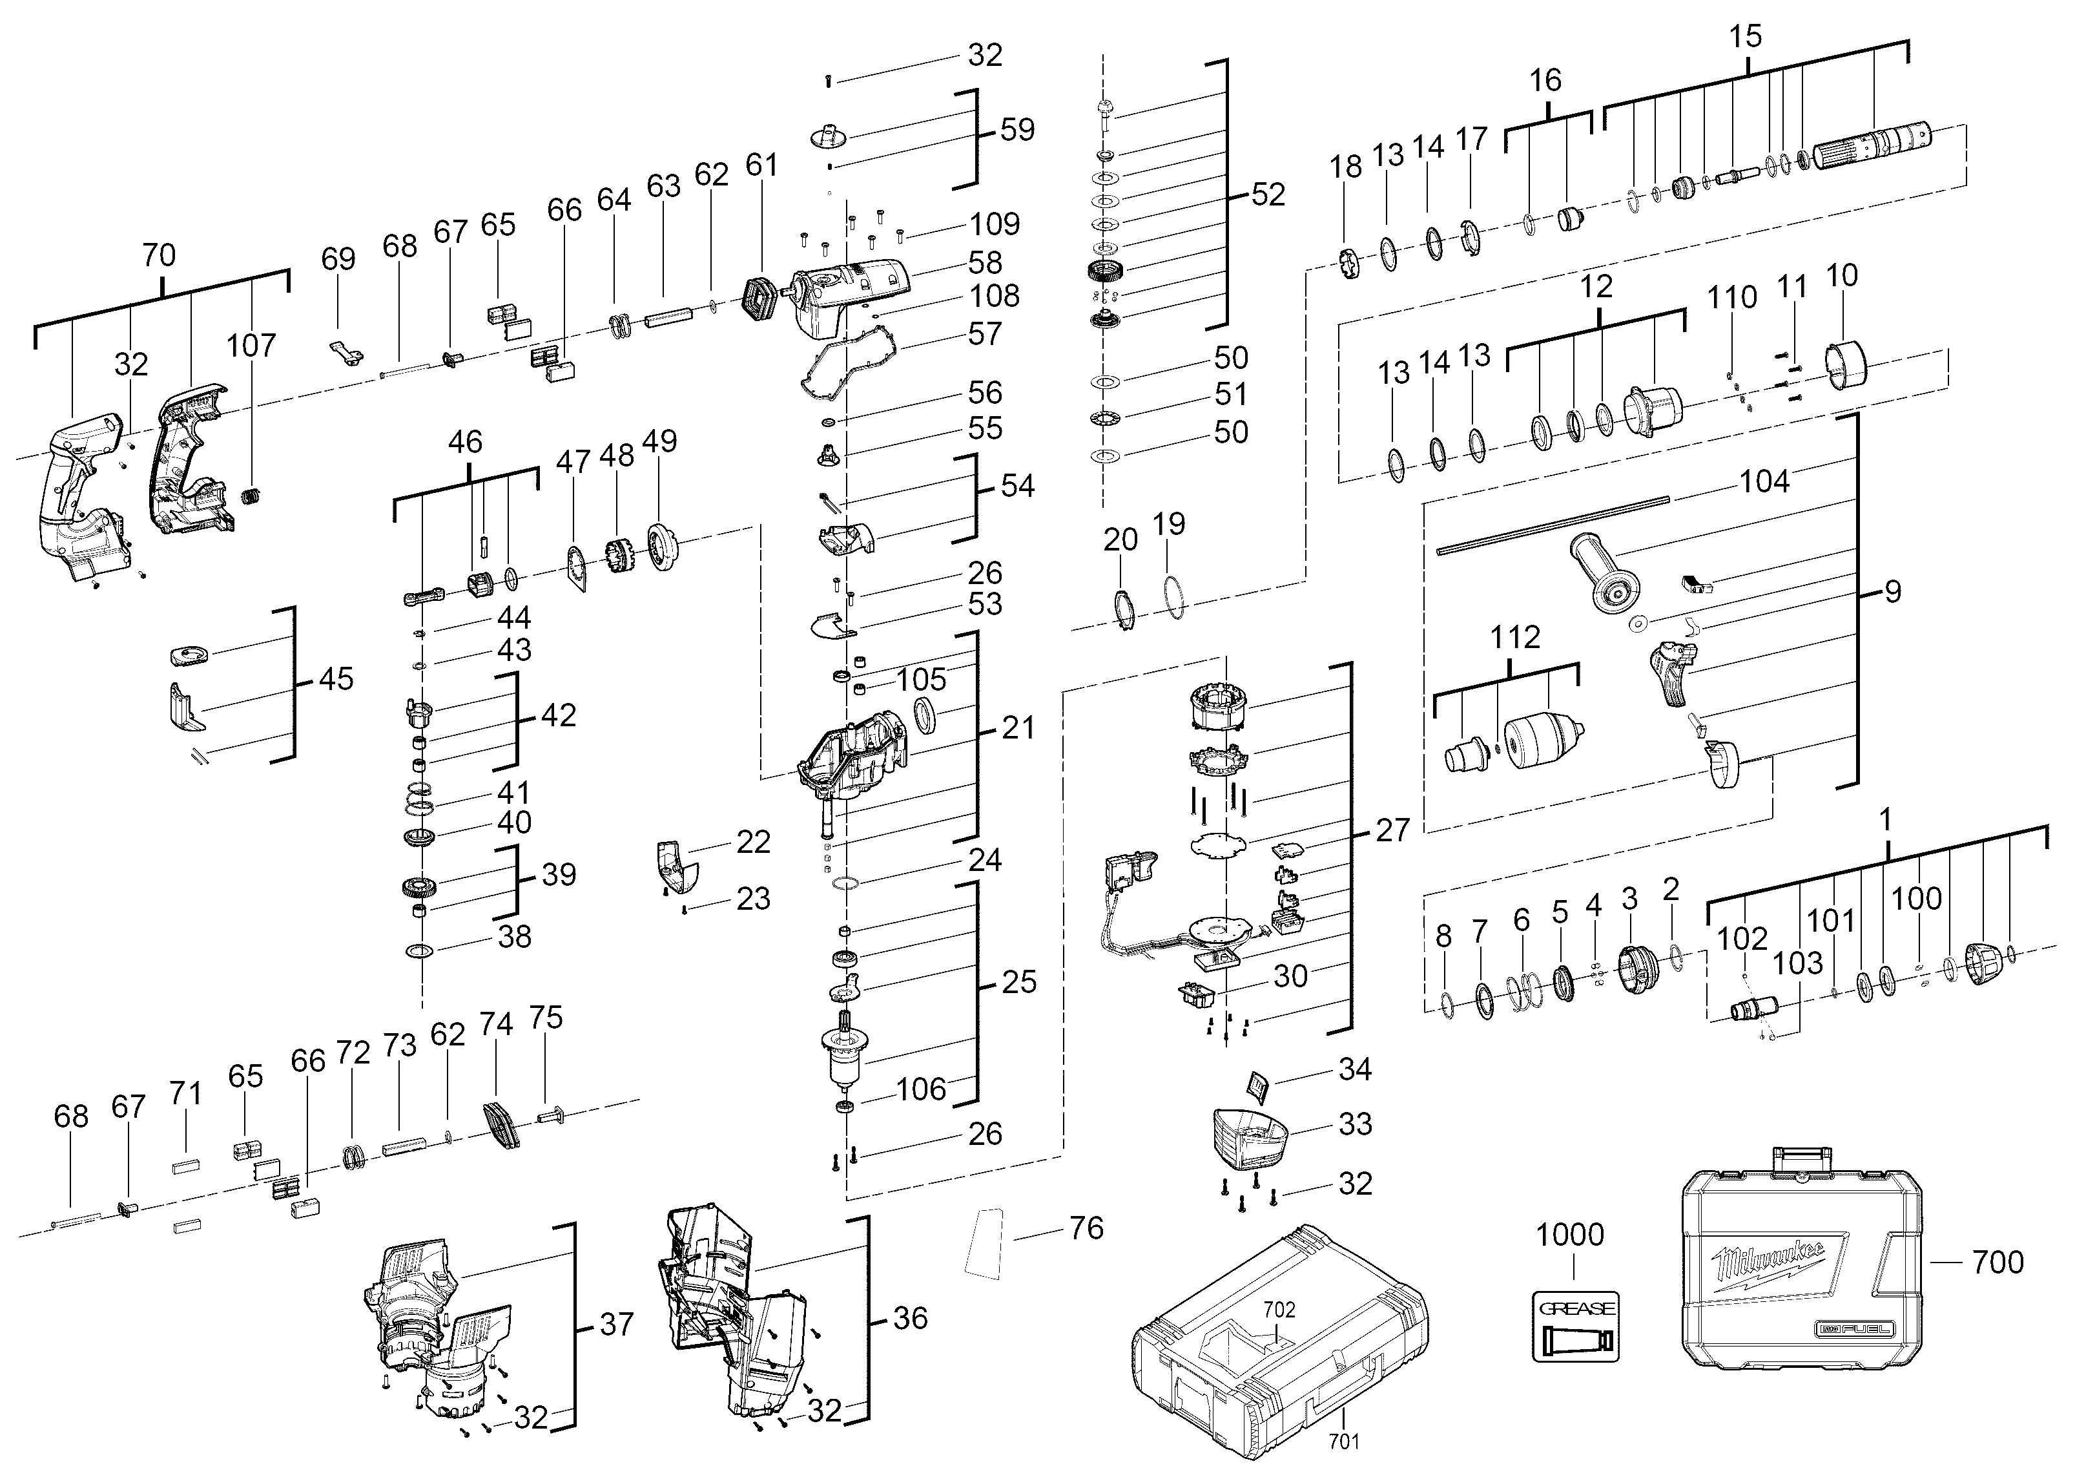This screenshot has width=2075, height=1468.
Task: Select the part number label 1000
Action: pyautogui.click(x=1570, y=1235)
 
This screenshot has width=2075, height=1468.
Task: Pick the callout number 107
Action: pyautogui.click(x=251, y=344)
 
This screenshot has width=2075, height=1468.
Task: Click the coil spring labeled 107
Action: pyautogui.click(x=253, y=496)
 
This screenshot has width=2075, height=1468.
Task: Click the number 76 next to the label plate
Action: pyautogui.click(x=1086, y=1228)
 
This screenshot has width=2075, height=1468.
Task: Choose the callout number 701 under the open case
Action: pyautogui.click(x=1345, y=1441)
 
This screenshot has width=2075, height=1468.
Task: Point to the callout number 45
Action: pyautogui.click(x=336, y=679)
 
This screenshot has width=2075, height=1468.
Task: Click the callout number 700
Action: pyautogui.click(x=1998, y=1261)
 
